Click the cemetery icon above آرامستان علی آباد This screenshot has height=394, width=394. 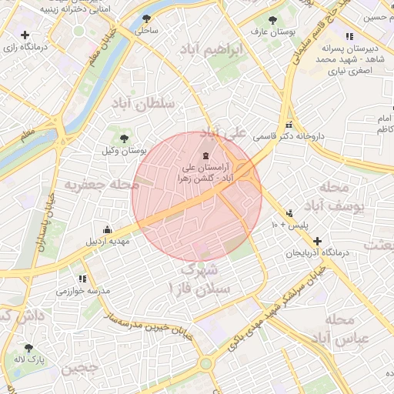point(204,156)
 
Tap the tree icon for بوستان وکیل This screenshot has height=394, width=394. point(124,139)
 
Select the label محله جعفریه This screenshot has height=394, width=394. point(102,185)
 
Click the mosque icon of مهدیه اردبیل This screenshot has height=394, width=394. point(107,229)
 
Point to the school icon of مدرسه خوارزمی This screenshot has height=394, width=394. point(82,279)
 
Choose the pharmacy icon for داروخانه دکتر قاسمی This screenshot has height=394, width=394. point(289,125)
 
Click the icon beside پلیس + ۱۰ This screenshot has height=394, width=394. point(289,213)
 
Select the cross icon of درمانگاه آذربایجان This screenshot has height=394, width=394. point(316,241)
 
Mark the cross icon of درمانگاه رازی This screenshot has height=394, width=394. point(26,35)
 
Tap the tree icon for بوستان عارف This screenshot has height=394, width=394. point(271,21)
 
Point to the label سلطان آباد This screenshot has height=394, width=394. point(146,103)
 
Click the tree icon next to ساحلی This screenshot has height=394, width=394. point(147,18)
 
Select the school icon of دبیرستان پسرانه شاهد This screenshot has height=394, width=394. point(349,35)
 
